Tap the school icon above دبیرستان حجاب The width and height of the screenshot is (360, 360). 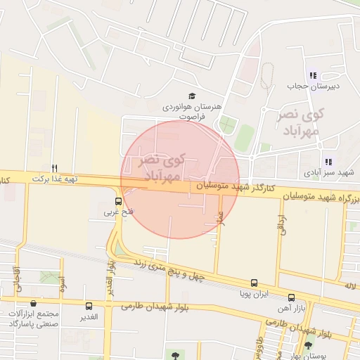point(313,75)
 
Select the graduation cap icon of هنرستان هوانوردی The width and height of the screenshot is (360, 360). point(192,96)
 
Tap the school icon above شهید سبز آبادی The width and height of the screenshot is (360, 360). point(328,162)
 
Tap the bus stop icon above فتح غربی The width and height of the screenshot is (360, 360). point(117,200)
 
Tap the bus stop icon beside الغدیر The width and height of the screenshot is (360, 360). point(89,306)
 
